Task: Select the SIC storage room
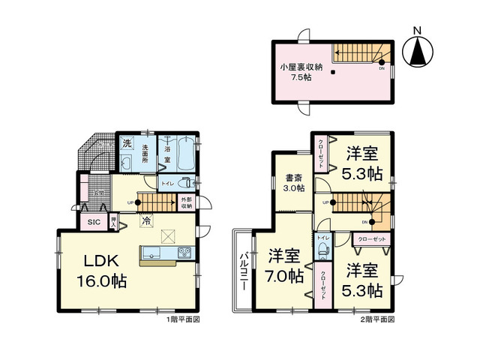[x=94, y=222]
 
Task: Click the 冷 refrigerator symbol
[x=145, y=221]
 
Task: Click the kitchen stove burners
[x=184, y=253]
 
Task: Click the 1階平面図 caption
[x=186, y=319]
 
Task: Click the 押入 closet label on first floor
[x=113, y=221]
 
